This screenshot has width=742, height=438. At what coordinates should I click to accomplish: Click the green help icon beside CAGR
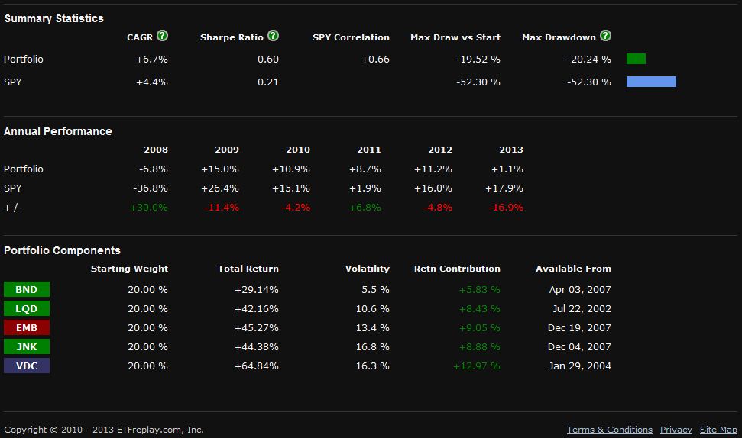coord(163,36)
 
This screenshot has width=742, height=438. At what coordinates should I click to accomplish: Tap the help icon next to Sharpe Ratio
coord(274,36)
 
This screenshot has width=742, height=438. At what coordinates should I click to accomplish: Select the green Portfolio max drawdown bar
coord(636,59)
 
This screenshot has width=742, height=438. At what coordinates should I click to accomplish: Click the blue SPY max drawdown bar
coord(651,82)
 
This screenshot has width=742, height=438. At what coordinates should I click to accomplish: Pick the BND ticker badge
coord(27,289)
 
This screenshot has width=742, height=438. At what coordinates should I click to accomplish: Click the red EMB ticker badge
coord(27,327)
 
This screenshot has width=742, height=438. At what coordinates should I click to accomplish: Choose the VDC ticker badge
coord(27,366)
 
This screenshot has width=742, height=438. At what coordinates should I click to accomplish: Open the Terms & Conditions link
coord(610,430)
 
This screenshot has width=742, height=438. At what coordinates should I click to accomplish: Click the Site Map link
coord(718,430)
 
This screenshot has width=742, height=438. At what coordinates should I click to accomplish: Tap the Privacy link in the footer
coord(676,430)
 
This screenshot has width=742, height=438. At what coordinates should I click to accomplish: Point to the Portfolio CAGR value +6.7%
coord(152,59)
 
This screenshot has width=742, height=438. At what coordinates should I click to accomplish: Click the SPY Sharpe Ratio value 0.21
coord(268,82)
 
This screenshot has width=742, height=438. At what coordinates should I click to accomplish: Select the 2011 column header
coord(368,150)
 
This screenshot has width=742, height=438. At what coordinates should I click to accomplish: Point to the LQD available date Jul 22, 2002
coord(580,308)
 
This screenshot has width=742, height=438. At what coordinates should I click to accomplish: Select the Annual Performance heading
coord(58,131)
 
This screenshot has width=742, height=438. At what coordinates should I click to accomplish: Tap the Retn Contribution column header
coord(457,269)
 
